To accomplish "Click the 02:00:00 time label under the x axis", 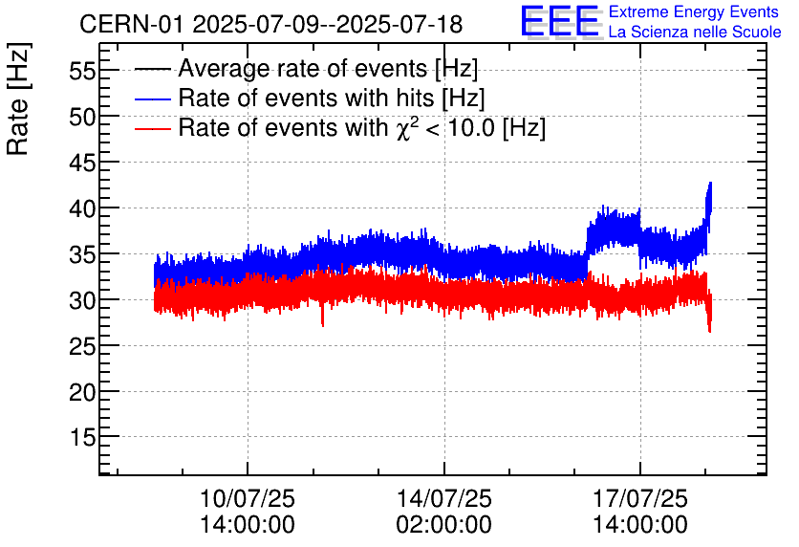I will (444, 525).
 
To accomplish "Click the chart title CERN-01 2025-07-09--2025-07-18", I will (270, 24).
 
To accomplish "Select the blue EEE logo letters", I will (560, 21).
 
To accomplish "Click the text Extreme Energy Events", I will (695, 12).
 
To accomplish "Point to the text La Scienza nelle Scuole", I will (695, 33).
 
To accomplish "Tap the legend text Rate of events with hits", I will (331, 98).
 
